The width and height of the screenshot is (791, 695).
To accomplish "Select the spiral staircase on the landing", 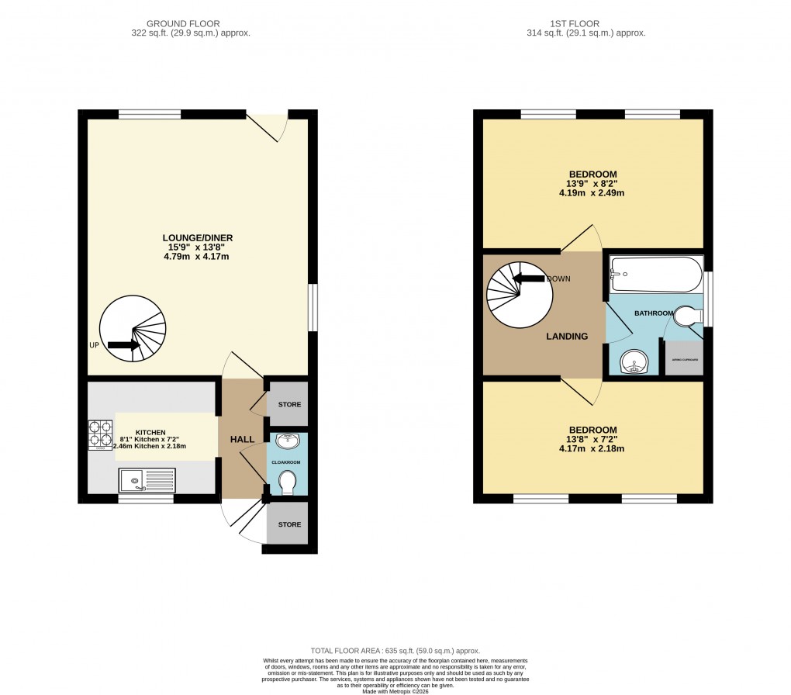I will click(x=519, y=292).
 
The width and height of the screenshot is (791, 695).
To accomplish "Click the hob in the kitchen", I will click(x=101, y=434).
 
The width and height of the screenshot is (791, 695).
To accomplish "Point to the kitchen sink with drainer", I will click(x=147, y=480).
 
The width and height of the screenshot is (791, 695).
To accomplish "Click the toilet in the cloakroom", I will click(x=288, y=482).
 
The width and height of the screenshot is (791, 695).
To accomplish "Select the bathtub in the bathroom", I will click(x=655, y=275).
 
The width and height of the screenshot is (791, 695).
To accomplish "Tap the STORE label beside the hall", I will click(x=289, y=405).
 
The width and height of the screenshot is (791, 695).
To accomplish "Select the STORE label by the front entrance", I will click(x=289, y=524).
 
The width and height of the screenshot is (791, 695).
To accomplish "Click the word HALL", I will click(x=242, y=440).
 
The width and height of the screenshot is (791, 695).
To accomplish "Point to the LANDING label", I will click(x=566, y=337).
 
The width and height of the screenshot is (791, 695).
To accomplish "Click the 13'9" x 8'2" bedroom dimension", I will click(x=592, y=184).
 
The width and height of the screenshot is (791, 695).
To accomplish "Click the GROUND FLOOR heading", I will click(x=189, y=24).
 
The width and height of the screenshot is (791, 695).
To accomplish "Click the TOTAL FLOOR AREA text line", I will click(x=395, y=651).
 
